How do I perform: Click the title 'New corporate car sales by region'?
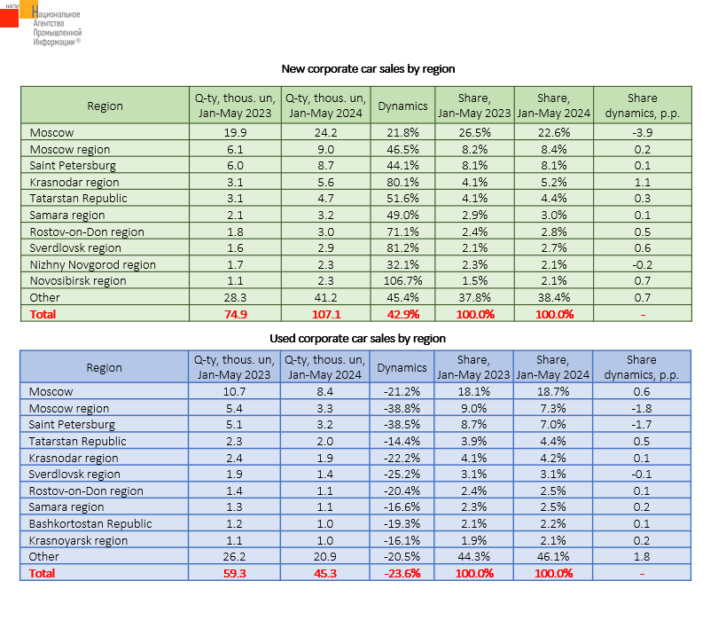(x=368, y=68)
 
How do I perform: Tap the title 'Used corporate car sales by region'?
(x=357, y=338)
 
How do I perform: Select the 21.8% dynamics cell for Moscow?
(x=402, y=132)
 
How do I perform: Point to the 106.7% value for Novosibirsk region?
(x=402, y=280)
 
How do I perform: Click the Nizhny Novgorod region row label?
(x=92, y=264)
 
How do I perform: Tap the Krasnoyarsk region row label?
(x=79, y=540)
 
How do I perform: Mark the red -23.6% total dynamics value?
(x=402, y=573)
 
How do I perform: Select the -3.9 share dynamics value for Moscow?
(x=642, y=132)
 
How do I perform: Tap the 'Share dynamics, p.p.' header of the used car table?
(x=642, y=366)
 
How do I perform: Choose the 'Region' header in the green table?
(x=105, y=106)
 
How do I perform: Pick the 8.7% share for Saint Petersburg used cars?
(x=473, y=425)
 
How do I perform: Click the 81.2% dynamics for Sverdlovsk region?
(x=402, y=248)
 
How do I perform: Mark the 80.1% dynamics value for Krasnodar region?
(x=402, y=182)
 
